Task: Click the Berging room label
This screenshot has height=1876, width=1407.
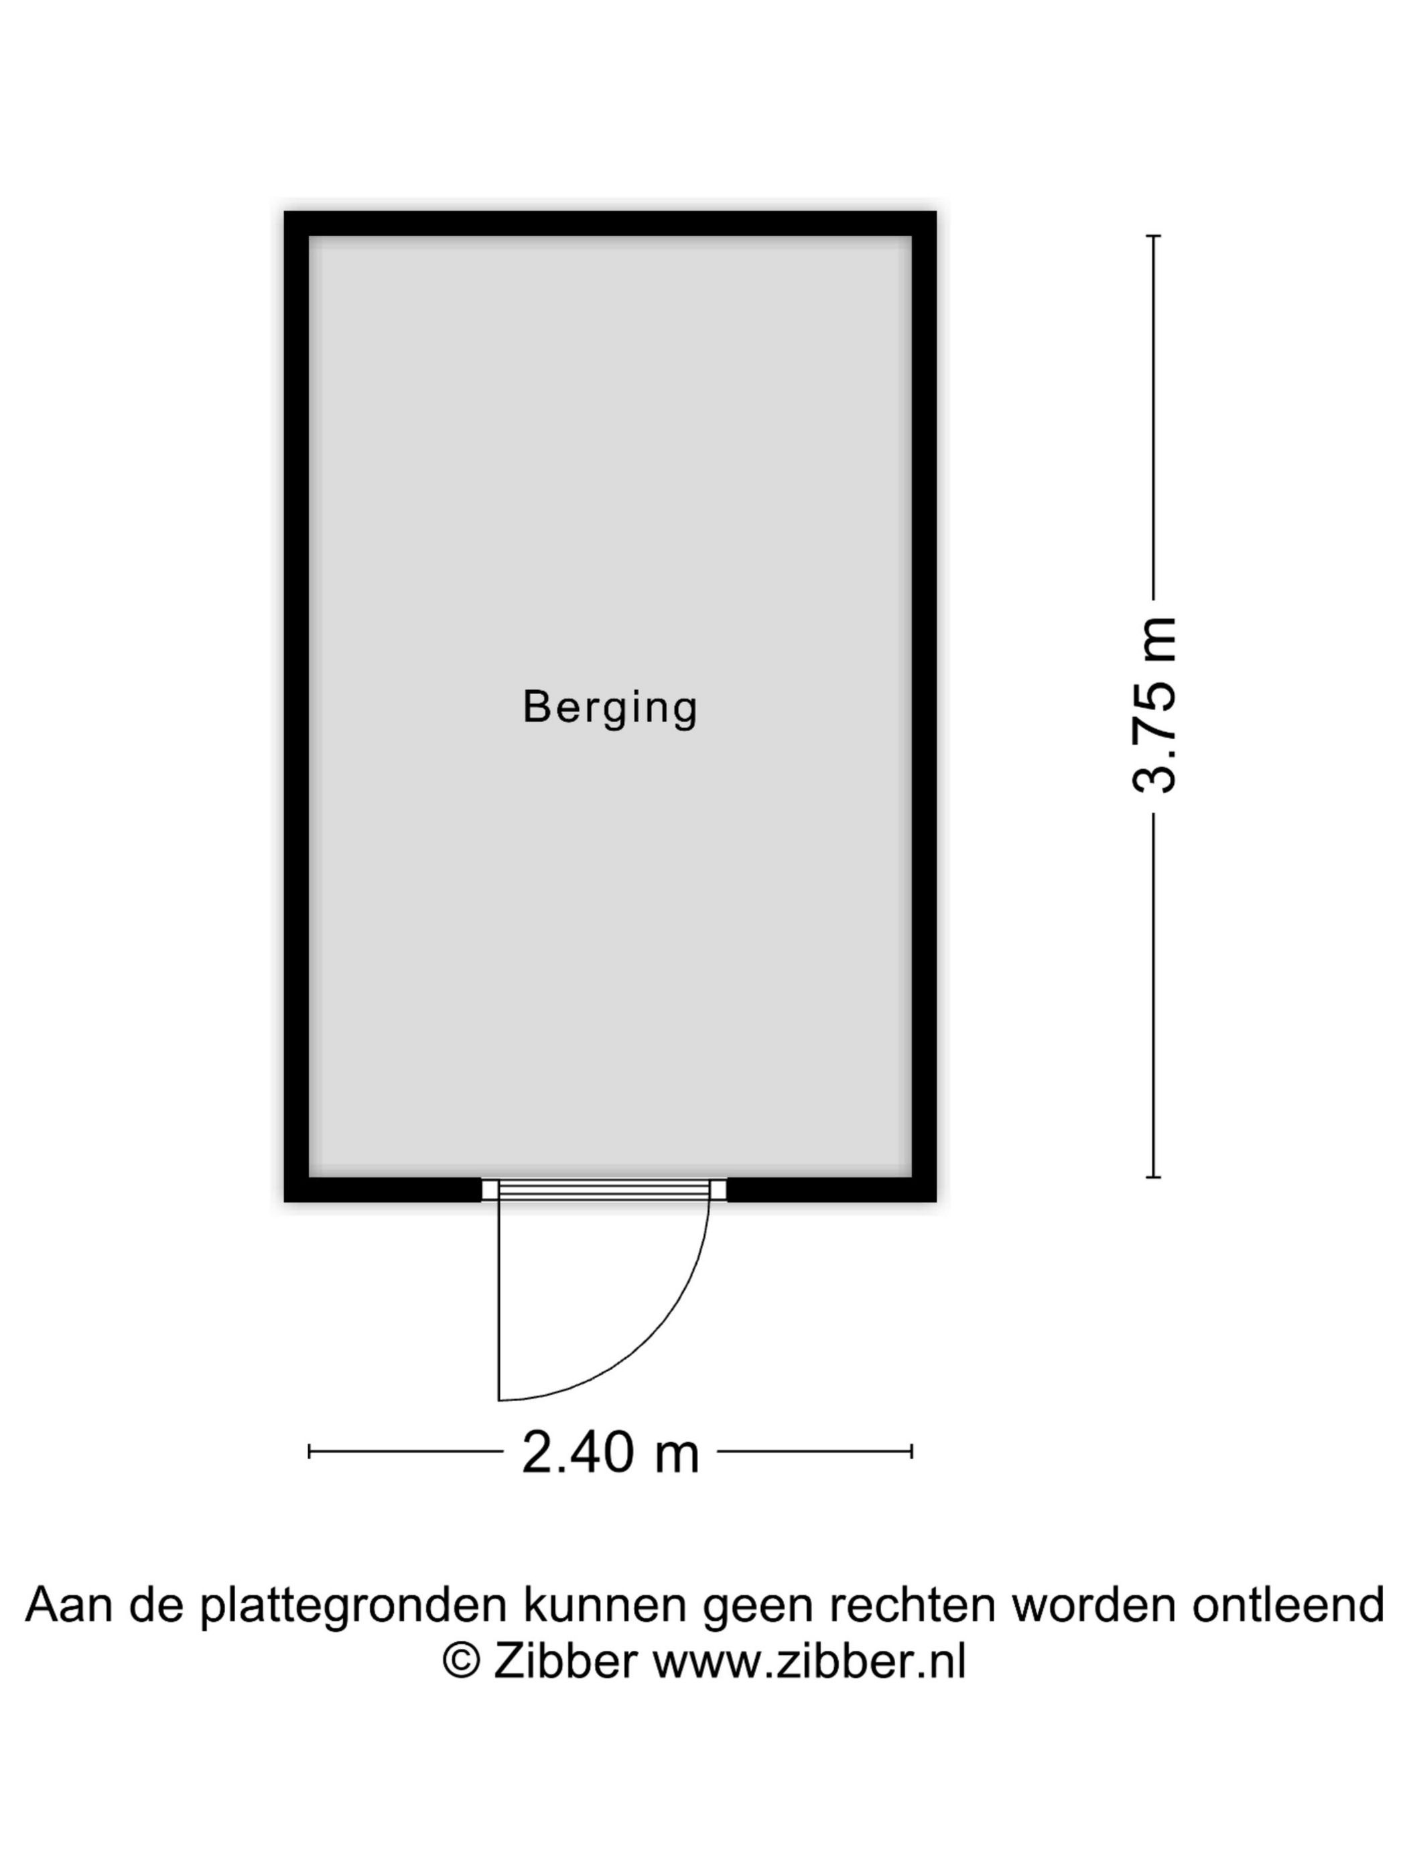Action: (x=610, y=708)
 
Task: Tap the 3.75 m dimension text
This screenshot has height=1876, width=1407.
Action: (x=1154, y=705)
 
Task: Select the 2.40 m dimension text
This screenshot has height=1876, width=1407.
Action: (x=610, y=1452)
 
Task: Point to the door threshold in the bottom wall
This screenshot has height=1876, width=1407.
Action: (x=604, y=1189)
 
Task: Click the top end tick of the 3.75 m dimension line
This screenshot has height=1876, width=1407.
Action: (x=1154, y=236)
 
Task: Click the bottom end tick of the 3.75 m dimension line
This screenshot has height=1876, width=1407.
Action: (x=1154, y=1177)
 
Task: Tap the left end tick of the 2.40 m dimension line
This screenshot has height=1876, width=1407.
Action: (x=310, y=1452)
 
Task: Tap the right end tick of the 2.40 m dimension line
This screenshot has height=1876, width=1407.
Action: (x=912, y=1452)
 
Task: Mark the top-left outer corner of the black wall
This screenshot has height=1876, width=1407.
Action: (x=284, y=211)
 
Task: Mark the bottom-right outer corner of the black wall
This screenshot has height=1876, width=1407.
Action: (x=936, y=1202)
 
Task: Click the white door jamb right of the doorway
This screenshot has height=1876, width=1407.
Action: (x=718, y=1189)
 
